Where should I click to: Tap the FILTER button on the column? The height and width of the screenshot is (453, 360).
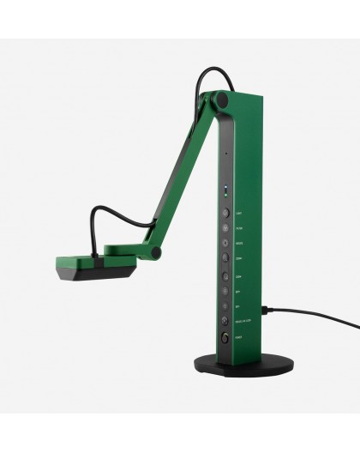point(225,227)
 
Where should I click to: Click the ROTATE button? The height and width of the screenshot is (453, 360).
point(225,243)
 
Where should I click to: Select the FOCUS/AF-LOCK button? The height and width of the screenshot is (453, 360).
point(225,320)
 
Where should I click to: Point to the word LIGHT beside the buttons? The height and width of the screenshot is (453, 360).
point(239,214)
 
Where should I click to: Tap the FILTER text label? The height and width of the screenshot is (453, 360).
point(239,228)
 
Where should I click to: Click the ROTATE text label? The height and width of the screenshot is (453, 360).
point(239,244)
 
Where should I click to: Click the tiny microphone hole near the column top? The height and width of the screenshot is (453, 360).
point(225,154)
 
